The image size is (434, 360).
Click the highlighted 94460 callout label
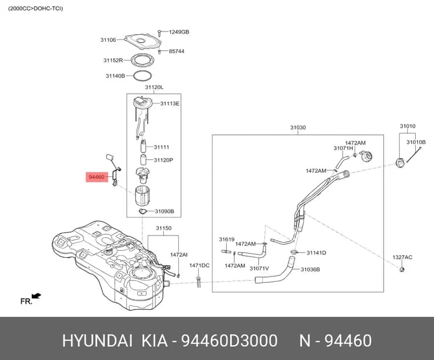click(97, 177)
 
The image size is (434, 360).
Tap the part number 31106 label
click(108, 40)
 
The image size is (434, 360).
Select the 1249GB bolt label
click(179, 32)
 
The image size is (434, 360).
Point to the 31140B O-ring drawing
click(143, 75)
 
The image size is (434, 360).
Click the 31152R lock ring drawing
click(142, 61)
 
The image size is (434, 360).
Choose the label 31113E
click(170, 103)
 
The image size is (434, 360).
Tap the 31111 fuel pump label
click(162, 147)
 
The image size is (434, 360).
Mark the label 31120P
click(163, 160)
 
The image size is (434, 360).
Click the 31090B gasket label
click(164, 211)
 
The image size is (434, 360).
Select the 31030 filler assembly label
click(298, 127)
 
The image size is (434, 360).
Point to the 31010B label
click(416, 142)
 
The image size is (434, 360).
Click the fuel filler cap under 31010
click(400, 162)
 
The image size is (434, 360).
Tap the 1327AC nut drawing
click(402, 269)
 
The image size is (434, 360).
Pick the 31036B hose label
click(310, 269)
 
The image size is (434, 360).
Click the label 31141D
click(316, 253)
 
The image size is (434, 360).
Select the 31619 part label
click(227, 239)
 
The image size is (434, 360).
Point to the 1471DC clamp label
click(199, 265)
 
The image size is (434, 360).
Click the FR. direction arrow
click(37, 296)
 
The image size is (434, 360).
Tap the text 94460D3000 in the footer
click(229, 341)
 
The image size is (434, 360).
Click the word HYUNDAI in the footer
click(98, 341)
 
